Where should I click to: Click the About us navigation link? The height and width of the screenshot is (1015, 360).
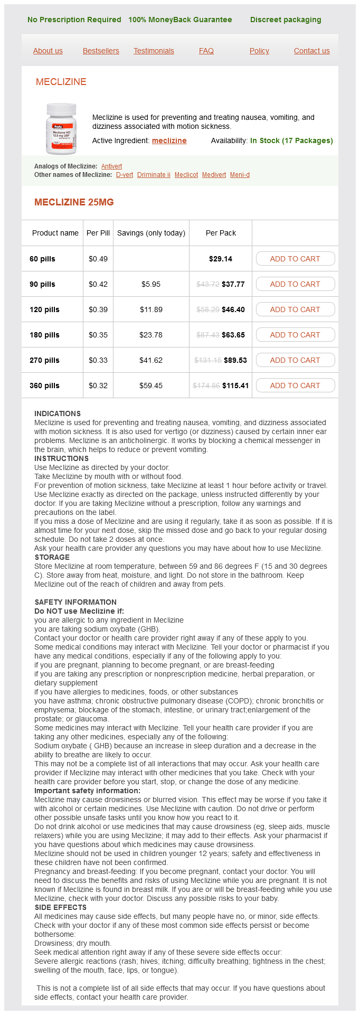click(x=48, y=51)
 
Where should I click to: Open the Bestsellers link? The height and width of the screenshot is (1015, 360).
click(x=101, y=51)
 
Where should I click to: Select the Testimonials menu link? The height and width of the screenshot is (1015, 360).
click(x=154, y=51)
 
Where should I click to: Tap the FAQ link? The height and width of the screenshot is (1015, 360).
click(x=206, y=51)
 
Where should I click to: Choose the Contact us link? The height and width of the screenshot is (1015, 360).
click(x=311, y=51)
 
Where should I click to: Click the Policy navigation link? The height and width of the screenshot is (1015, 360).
click(x=259, y=51)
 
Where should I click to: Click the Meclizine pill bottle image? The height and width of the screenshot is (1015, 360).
click(x=61, y=128)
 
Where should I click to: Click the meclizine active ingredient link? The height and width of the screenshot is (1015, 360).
click(x=169, y=140)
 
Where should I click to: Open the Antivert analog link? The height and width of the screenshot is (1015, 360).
click(x=111, y=166)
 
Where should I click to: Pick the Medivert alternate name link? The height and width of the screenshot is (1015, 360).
click(x=214, y=175)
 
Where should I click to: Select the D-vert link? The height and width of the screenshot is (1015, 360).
click(x=125, y=175)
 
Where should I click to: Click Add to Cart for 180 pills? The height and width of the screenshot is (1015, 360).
click(x=295, y=335)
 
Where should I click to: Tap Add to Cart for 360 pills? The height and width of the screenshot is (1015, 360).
click(x=295, y=386)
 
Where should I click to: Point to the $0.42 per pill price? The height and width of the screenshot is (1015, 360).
click(x=98, y=284)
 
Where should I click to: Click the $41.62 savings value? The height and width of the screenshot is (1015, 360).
click(x=151, y=360)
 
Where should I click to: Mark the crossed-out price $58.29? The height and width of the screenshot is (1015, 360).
click(x=207, y=309)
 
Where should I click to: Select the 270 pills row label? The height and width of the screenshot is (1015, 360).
click(x=44, y=360)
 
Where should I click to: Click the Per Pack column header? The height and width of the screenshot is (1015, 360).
click(x=221, y=233)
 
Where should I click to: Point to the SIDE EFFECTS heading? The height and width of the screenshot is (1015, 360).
click(x=60, y=907)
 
